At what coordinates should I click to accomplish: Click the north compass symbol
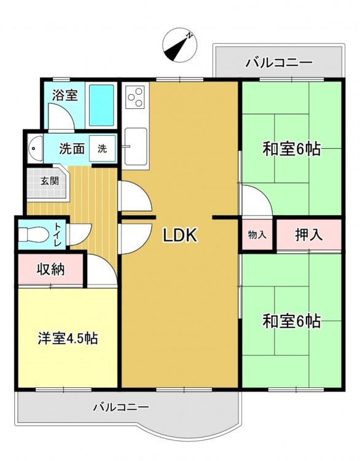(180, 45)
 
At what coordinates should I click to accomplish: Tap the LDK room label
(180, 235)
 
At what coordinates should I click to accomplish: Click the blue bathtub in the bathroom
(101, 105)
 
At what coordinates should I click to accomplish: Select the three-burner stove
(136, 97)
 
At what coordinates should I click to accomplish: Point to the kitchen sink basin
(136, 146)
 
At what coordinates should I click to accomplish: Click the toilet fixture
(34, 234)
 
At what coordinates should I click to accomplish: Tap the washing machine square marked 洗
(102, 149)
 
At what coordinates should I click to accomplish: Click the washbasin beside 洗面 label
(35, 148)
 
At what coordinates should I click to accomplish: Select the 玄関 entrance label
(50, 181)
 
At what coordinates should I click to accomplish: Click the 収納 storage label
(51, 269)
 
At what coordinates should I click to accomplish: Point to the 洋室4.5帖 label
(68, 339)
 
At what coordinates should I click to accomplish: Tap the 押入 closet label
(309, 235)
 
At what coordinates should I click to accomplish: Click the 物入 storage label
(257, 235)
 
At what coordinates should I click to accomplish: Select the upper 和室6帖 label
(292, 149)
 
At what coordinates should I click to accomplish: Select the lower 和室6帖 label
(292, 321)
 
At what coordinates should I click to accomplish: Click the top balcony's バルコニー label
(279, 63)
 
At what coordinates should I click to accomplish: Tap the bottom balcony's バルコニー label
(122, 407)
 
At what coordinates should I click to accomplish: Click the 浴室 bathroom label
(65, 95)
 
